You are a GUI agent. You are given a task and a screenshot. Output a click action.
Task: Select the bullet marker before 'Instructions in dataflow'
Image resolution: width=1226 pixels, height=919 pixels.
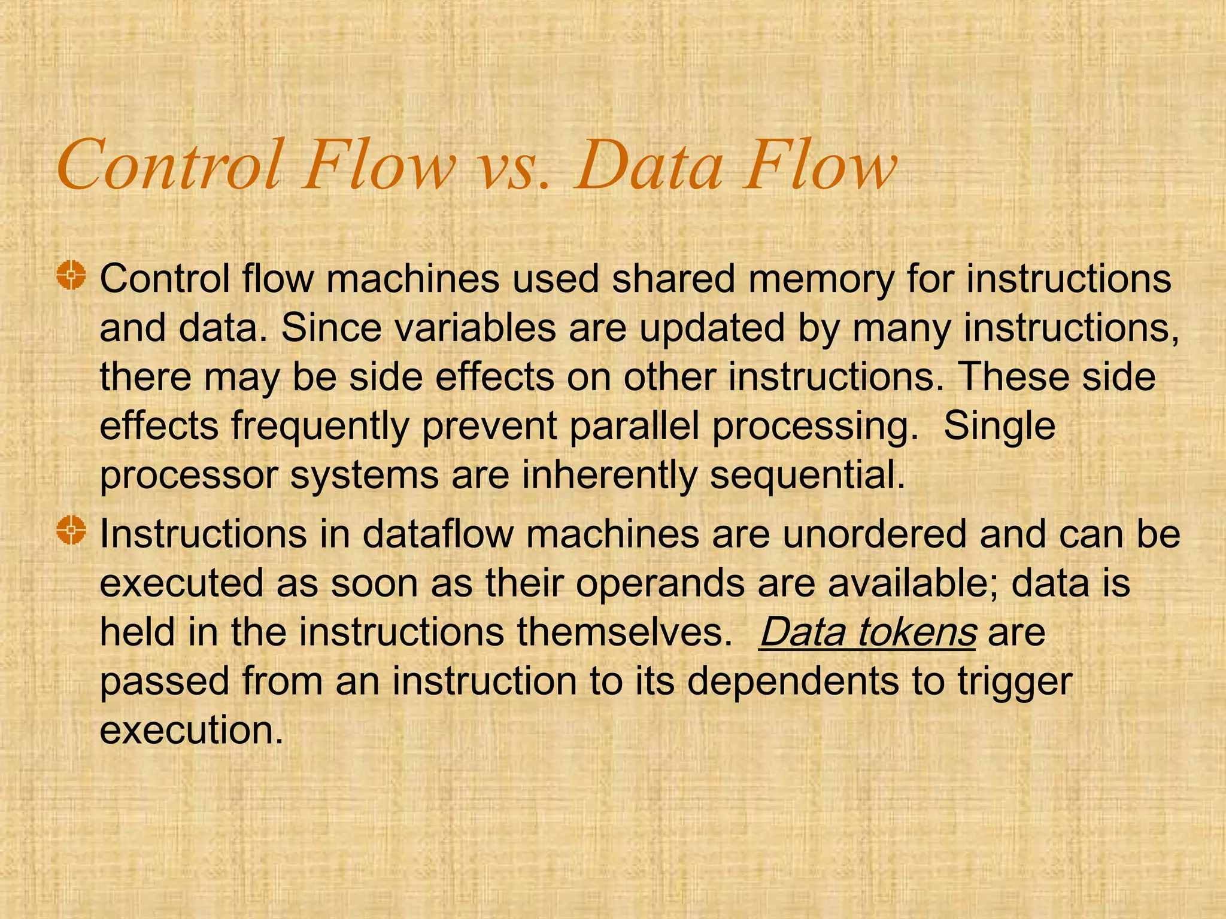pyautogui.click(x=71, y=530)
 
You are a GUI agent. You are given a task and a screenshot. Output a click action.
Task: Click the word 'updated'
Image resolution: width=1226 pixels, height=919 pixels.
pyautogui.click(x=711, y=329)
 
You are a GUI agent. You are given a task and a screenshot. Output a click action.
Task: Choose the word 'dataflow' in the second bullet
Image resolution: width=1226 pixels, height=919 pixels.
pyautogui.click(x=438, y=534)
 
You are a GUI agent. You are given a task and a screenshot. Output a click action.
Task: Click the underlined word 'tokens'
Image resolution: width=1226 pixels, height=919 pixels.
pyautogui.click(x=917, y=632)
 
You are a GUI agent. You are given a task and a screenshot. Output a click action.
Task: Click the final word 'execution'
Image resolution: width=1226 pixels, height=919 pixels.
pyautogui.click(x=190, y=731)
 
